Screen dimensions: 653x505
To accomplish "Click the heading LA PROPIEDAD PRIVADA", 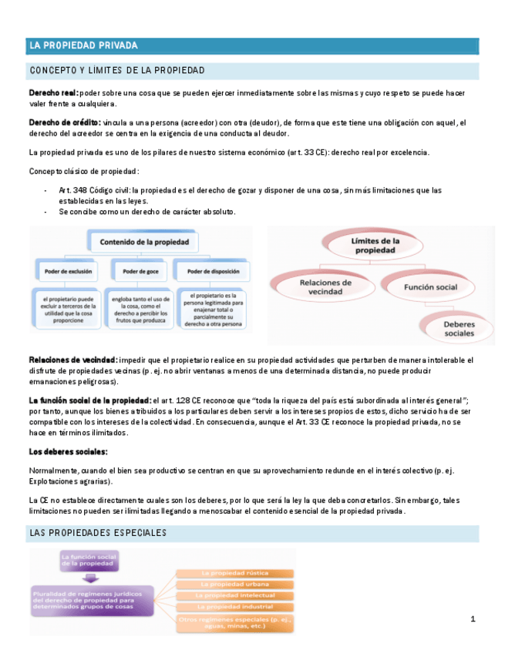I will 83,46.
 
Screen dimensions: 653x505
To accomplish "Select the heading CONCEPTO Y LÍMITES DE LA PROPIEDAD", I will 116,71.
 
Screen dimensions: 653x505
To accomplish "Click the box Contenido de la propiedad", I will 144,243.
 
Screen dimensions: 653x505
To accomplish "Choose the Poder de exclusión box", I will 69,271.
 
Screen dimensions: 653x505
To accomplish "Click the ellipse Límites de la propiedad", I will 375,246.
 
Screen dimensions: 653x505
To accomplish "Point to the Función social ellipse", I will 430,287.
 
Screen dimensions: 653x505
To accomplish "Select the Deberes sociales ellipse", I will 459,329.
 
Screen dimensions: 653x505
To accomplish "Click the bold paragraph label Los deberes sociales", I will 68,451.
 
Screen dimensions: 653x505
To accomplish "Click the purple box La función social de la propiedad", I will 91,560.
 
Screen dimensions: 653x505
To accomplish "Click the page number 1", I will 473,620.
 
